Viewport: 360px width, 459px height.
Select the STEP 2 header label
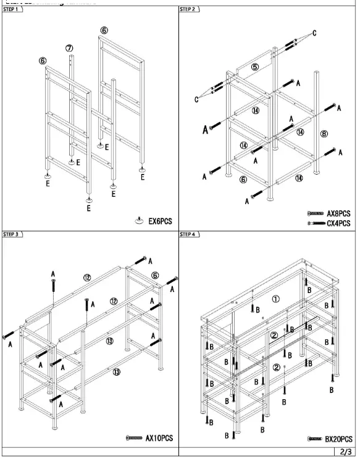point(188,10)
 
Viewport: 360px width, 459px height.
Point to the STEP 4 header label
point(188,234)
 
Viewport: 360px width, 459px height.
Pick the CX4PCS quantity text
point(339,223)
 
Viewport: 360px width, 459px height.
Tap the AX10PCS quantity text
point(158,438)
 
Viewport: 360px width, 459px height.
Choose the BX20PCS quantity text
point(338,439)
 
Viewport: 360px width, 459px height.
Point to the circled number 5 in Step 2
point(255,67)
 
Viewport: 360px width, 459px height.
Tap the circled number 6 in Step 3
point(155,275)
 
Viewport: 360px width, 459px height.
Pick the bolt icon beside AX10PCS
point(133,438)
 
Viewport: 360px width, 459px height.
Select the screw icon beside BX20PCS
point(314,439)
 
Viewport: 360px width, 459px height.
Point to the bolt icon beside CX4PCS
point(315,223)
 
